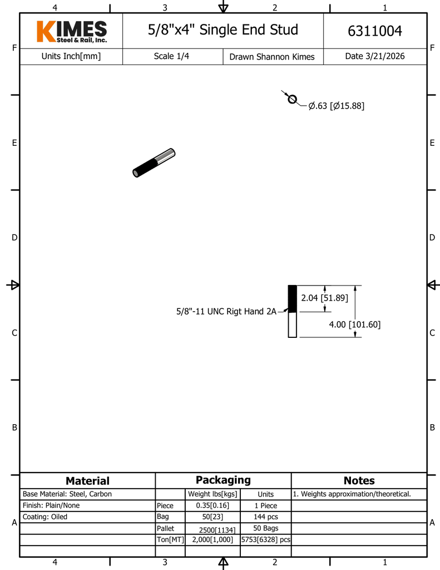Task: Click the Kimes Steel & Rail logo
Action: pyautogui.click(x=71, y=32)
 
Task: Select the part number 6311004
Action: pyautogui.click(x=374, y=31)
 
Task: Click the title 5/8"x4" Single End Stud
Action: pyautogui.click(x=223, y=30)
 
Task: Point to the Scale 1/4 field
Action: pyautogui.click(x=171, y=56)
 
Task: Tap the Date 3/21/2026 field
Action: pyautogui.click(x=374, y=56)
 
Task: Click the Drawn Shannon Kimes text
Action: pyautogui.click(x=272, y=57)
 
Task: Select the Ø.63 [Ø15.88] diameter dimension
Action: pyautogui.click(x=336, y=106)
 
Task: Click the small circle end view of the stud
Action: pyautogui.click(x=291, y=100)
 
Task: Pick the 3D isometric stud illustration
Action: pyautogui.click(x=154, y=163)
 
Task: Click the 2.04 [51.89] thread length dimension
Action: pyautogui.click(x=324, y=298)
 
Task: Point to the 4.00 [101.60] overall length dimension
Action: pyautogui.click(x=354, y=325)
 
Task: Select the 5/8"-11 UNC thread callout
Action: pyautogui.click(x=226, y=312)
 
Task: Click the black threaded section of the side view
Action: pyautogui.click(x=292, y=299)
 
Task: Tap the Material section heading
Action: pyautogui.click(x=87, y=481)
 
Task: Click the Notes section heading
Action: pyautogui.click(x=359, y=481)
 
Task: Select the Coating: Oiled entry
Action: pyautogui.click(x=45, y=517)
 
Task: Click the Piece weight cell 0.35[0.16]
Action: pyautogui.click(x=212, y=505)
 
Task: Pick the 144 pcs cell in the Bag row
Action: pyautogui.click(x=265, y=517)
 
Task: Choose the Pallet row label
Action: pyautogui.click(x=166, y=528)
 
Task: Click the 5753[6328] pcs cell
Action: pyautogui.click(x=265, y=539)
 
